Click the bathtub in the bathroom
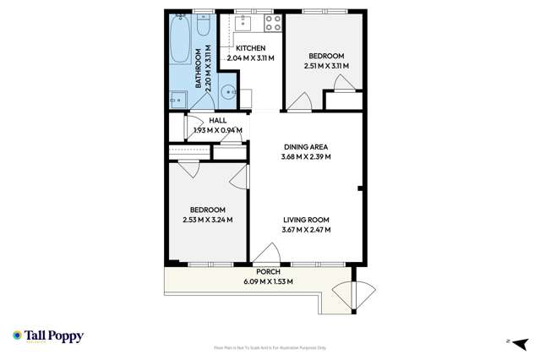click(x=179, y=38)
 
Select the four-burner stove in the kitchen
click(x=272, y=23)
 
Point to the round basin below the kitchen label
click(x=228, y=93)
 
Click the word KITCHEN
click(x=250, y=48)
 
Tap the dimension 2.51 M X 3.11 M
click(x=325, y=65)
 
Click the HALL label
click(x=218, y=121)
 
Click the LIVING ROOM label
click(x=305, y=219)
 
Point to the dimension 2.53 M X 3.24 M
click(x=207, y=220)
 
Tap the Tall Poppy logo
click(x=48, y=336)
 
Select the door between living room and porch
click(x=270, y=255)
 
